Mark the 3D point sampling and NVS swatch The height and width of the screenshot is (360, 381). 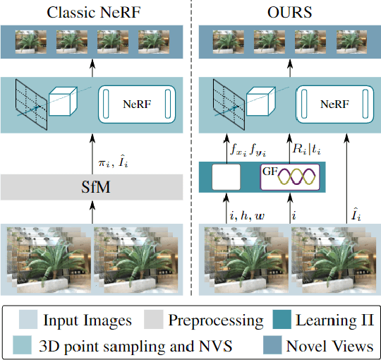(x=24, y=346)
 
